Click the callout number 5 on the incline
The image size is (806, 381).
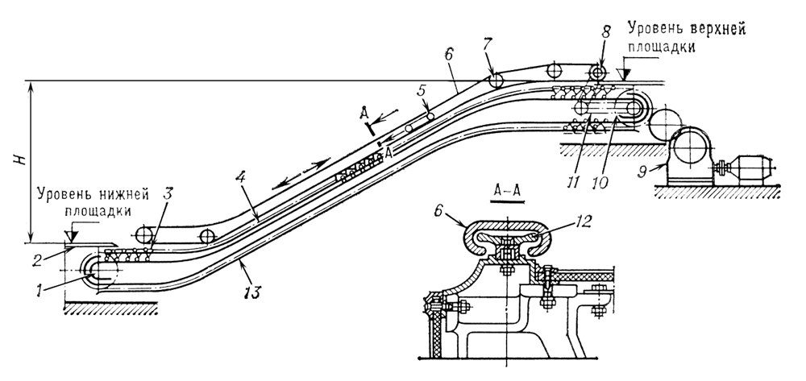pyautogui.click(x=420, y=89)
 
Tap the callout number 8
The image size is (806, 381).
pyautogui.click(x=607, y=33)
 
